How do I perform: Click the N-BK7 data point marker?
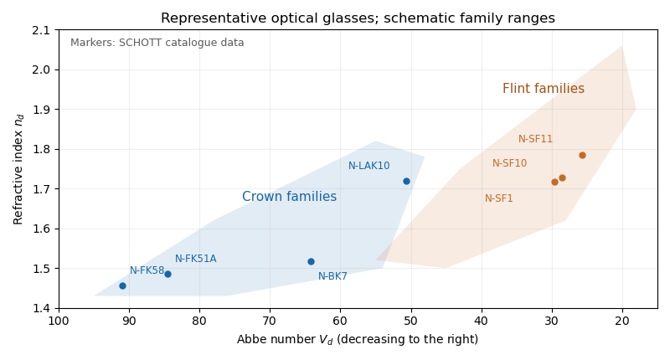(x=311, y=261)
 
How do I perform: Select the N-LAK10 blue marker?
(x=406, y=181)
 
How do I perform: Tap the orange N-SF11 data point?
(x=582, y=155)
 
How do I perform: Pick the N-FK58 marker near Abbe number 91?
(x=122, y=285)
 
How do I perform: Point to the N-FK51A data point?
(x=168, y=274)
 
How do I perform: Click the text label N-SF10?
(x=509, y=163)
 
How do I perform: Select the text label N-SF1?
(x=498, y=198)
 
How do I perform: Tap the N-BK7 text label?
(x=332, y=276)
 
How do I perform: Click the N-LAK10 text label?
(x=368, y=166)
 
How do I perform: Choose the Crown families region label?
(x=289, y=197)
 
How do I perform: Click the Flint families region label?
(x=543, y=89)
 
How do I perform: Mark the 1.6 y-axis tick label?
(x=40, y=229)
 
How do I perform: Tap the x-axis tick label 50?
(x=411, y=321)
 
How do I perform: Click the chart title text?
(x=358, y=18)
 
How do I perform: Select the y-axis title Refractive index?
(x=18, y=170)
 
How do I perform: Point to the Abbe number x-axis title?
(x=358, y=340)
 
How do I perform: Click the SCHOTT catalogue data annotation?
(x=157, y=43)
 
